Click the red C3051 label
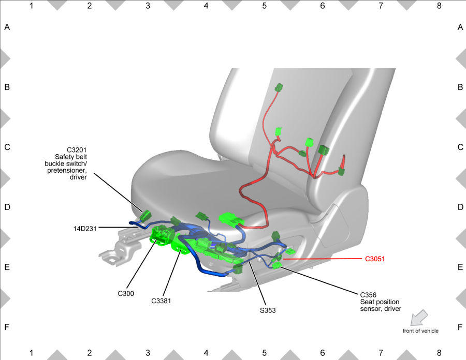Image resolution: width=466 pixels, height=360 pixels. click(x=374, y=259)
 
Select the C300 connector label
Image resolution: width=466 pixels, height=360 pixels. click(x=126, y=293)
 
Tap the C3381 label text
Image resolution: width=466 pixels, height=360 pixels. click(x=161, y=301)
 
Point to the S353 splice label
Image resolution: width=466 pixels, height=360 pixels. click(x=268, y=310)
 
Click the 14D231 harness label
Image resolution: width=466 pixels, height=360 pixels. click(x=85, y=229)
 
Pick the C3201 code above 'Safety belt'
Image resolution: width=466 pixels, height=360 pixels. click(x=77, y=150)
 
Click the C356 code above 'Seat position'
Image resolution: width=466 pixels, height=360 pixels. click(x=368, y=295)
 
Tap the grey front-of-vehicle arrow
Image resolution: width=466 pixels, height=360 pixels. click(x=419, y=318)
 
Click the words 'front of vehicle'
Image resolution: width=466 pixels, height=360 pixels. click(x=420, y=331)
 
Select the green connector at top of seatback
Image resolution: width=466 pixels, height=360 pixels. click(x=279, y=88)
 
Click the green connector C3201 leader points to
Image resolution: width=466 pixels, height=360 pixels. click(x=145, y=216)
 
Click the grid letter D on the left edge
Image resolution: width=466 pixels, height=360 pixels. click(x=7, y=207)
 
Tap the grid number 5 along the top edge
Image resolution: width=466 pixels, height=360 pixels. click(x=264, y=6)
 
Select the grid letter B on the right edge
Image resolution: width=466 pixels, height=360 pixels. click(x=460, y=87)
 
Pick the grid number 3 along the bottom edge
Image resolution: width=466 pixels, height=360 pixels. click(x=148, y=353)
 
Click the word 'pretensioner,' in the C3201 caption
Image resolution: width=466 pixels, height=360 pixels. click(x=67, y=170)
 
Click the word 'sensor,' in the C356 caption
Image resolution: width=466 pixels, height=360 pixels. click(x=370, y=309)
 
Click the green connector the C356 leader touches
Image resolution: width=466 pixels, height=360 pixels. click(x=277, y=265)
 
